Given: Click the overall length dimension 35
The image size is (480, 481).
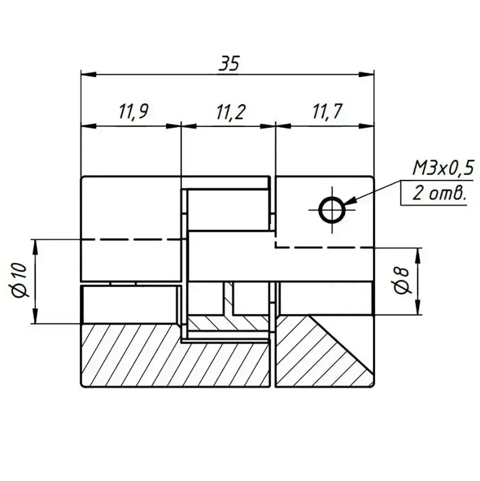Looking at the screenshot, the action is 228,64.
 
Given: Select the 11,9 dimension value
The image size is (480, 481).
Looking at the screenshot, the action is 134,112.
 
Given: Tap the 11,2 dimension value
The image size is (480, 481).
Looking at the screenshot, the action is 231,112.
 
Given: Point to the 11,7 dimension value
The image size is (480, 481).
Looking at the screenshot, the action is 327,111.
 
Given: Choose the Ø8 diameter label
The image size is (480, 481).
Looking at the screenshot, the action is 401,280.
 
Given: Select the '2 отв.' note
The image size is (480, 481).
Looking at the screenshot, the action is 439,194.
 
